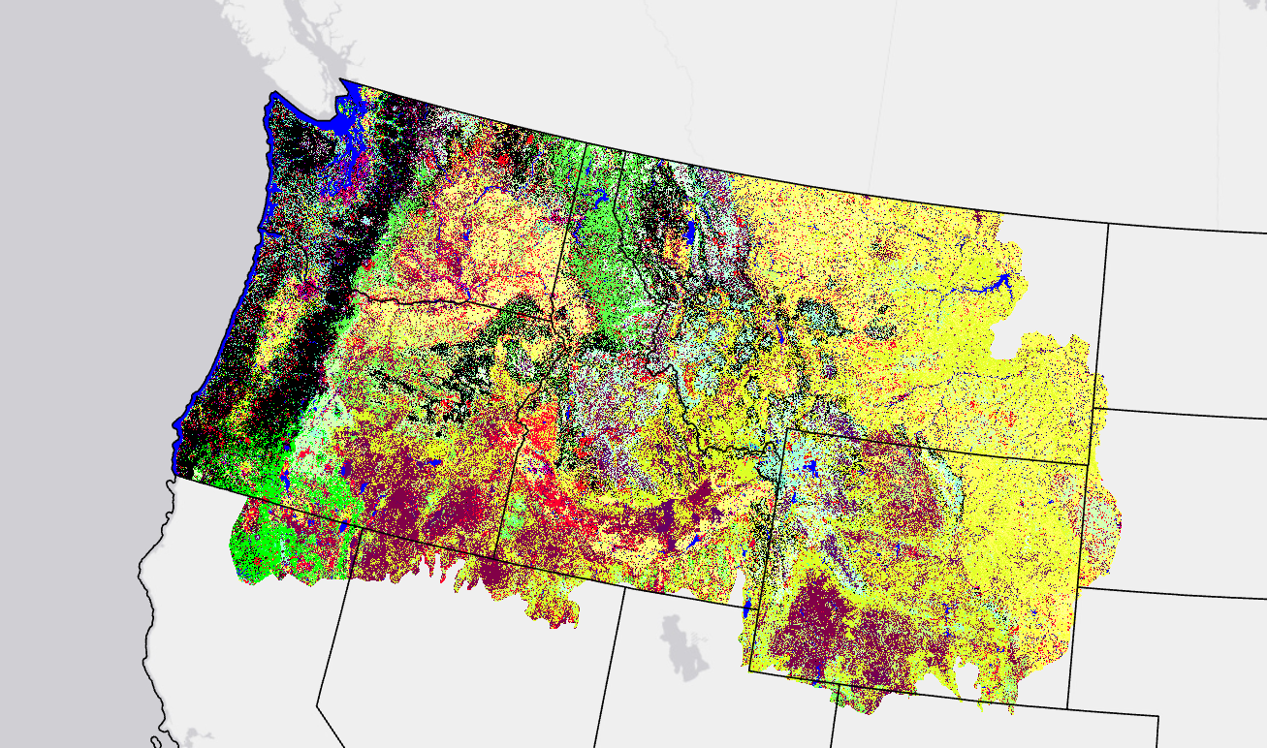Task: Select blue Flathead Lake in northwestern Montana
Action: pos(689,234)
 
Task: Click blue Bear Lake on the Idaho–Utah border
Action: pos(747,608)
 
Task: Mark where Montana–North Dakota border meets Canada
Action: pos(1108,224)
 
